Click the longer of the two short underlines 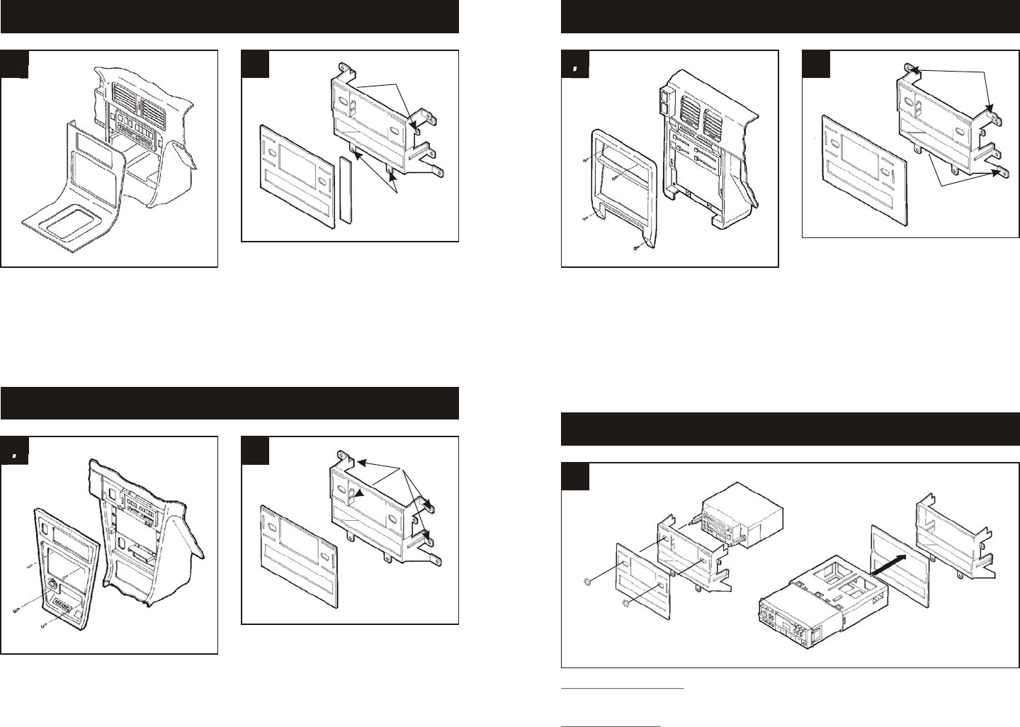click(623, 687)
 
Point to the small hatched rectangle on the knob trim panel click(60, 607)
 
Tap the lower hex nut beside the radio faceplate click(625, 604)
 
